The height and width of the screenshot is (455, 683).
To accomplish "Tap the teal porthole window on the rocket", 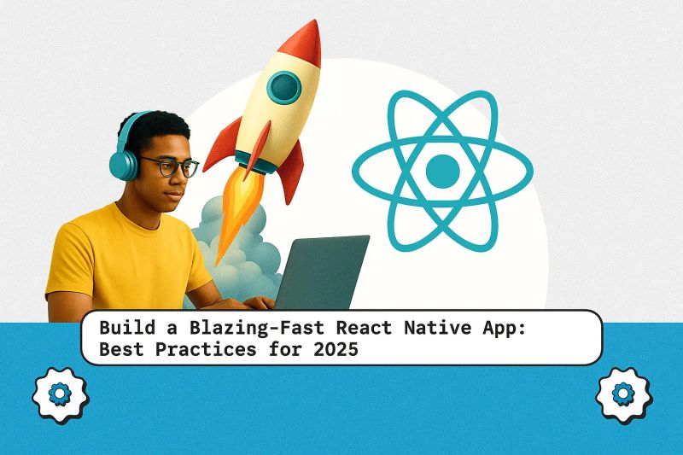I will tap(283, 85).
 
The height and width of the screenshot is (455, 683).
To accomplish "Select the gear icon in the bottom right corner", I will tap(622, 394).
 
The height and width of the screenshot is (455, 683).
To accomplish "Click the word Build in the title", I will tap(121, 327).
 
